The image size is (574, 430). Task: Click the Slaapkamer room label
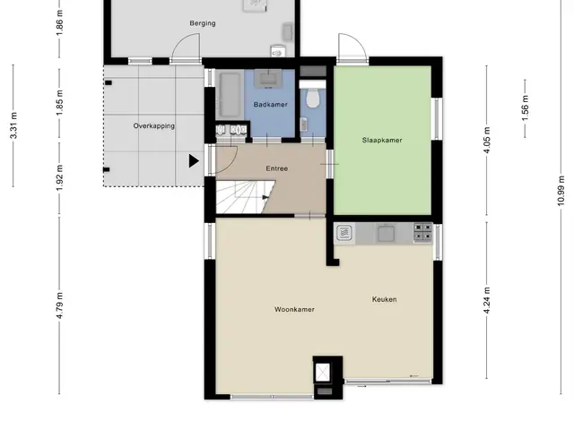(382, 140)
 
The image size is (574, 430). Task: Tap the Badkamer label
(271, 105)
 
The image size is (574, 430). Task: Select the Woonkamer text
(294, 309)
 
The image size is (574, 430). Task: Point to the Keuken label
(385, 299)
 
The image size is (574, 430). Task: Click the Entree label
(277, 168)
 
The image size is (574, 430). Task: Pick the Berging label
(203, 23)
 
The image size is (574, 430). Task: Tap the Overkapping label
(153, 126)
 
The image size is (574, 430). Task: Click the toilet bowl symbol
(312, 98)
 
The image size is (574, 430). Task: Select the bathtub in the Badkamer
(230, 95)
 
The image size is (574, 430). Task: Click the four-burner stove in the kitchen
(422, 233)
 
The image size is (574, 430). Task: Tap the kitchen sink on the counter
(386, 234)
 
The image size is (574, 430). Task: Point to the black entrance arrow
(194, 161)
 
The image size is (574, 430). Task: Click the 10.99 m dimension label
(561, 191)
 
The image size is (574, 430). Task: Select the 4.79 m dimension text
(60, 305)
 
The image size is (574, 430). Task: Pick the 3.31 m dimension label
(13, 125)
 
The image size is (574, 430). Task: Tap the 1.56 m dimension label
(525, 108)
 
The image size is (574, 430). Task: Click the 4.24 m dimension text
(486, 301)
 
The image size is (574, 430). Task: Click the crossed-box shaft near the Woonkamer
(323, 373)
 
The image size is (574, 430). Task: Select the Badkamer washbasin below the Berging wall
(270, 78)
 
